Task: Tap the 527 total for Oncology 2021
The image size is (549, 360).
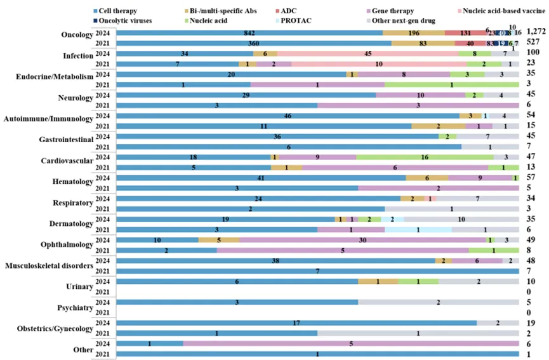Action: (x=535, y=43)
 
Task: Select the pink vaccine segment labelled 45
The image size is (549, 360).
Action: (x=367, y=54)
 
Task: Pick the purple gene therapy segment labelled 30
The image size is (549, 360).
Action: (x=362, y=240)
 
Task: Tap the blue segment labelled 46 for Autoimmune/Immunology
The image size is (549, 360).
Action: (x=288, y=116)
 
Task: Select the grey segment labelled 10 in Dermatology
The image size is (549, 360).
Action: (x=461, y=219)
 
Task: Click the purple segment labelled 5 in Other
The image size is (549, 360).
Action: (x=350, y=343)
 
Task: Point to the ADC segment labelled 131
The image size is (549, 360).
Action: (x=466, y=32)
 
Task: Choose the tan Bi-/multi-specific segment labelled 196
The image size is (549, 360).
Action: (x=414, y=32)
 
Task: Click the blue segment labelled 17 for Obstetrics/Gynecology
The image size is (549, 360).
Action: (x=296, y=323)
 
